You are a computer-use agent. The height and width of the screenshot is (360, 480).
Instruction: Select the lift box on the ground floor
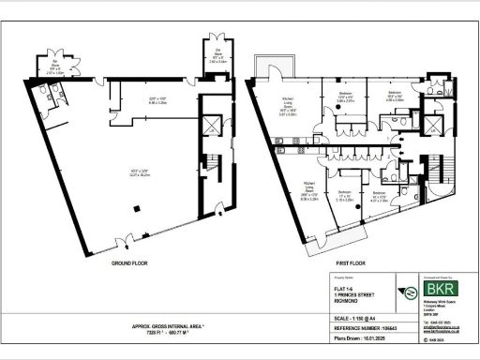click(x=215, y=124)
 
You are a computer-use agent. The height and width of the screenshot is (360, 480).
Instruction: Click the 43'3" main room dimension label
click(x=138, y=171)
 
